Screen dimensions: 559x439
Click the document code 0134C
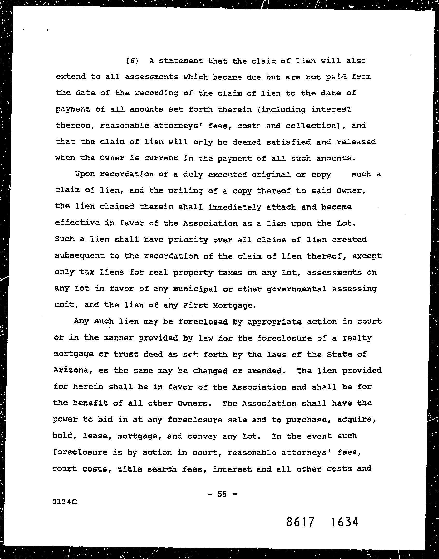(x=64, y=502)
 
